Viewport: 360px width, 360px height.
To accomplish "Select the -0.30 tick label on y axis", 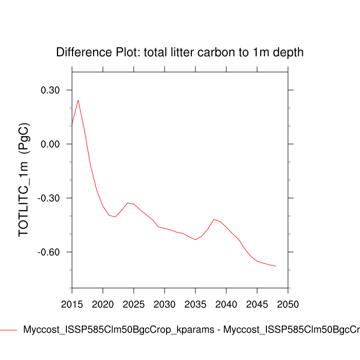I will tap(51, 199).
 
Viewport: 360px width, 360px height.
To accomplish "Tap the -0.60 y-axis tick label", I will tap(51, 253).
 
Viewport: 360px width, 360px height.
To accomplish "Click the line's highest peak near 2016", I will tap(78, 100).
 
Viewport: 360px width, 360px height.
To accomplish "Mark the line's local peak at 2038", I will tap(214, 219).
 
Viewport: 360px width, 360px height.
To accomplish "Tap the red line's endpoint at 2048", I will tap(276, 266).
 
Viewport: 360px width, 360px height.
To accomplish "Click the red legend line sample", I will tap(9, 330).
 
